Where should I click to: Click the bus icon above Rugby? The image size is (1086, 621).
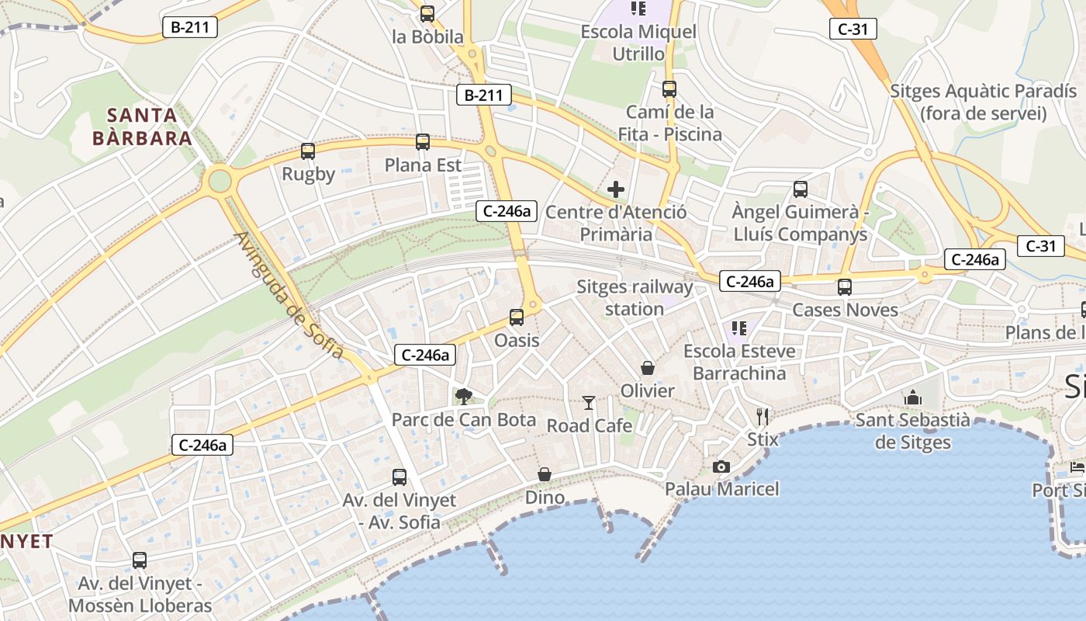308,151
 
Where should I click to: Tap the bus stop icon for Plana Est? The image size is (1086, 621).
423,142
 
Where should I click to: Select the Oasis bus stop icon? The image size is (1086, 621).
517,317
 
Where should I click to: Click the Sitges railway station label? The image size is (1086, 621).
635,298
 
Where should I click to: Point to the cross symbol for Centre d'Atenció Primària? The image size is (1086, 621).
616,189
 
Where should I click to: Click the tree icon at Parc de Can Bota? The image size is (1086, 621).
464,397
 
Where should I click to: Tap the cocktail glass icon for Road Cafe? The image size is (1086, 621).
589,402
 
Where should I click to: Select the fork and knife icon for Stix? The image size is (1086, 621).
763,417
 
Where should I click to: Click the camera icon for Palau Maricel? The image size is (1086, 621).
721,467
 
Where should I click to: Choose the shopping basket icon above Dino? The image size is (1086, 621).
545,474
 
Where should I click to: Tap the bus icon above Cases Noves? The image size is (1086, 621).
845,287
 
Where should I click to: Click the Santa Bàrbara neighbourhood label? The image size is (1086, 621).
142,127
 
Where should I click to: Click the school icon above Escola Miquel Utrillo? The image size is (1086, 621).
638,9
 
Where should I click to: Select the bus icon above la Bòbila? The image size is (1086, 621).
427,13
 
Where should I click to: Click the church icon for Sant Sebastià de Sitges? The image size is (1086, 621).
913,397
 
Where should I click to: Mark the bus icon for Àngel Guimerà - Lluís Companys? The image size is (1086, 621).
801,189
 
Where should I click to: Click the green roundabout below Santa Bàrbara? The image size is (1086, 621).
220,182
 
